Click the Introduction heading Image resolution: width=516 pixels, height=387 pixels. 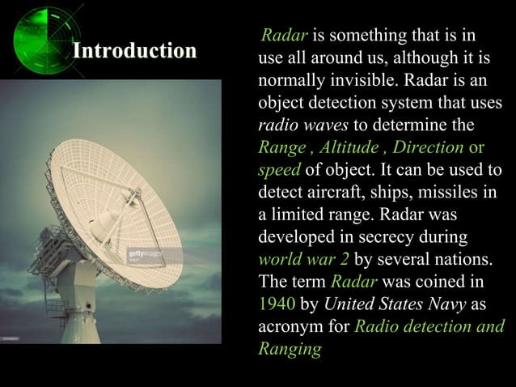134,51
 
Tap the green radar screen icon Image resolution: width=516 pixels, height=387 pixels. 42,36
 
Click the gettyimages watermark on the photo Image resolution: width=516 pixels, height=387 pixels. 146,254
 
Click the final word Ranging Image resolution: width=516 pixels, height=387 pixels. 289,349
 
